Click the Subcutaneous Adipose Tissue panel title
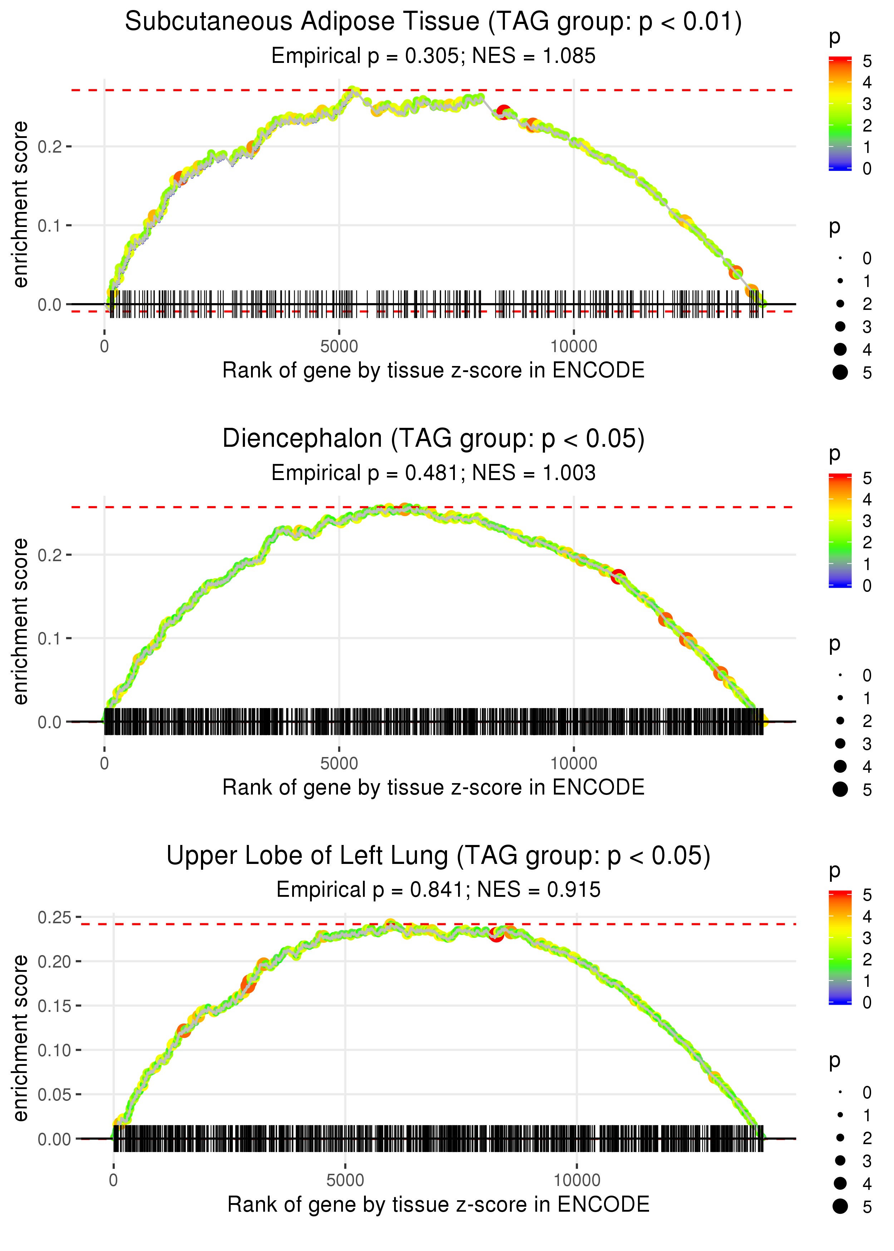coord(433,22)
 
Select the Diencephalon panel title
coord(433,439)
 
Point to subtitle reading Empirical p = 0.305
coord(433,56)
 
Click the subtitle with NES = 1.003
coord(433,473)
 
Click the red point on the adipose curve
coord(503,112)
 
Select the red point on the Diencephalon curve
coord(618,576)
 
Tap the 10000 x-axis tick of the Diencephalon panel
coord(574,763)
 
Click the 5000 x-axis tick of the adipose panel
coord(339,347)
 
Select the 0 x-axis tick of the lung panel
coord(113,1181)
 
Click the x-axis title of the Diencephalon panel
coord(433,788)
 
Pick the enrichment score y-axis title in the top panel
coord(20,205)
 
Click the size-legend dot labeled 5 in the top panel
coord(840,372)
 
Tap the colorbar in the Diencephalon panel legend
coord(840,530)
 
